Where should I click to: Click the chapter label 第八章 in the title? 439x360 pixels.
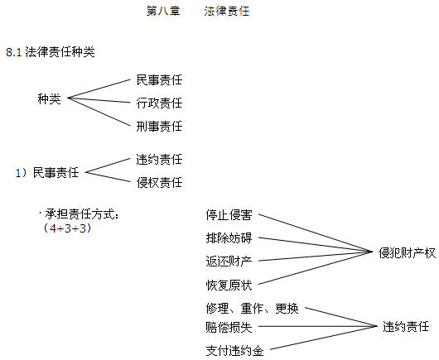tap(163, 12)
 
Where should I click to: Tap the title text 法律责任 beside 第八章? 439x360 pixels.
tap(226, 12)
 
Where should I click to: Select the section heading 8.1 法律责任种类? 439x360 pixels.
tap(51, 52)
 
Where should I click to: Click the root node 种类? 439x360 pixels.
tap(49, 98)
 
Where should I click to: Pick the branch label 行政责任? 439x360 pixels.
tap(159, 103)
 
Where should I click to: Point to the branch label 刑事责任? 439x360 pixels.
tap(159, 126)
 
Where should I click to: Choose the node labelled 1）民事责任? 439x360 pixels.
tap(47, 172)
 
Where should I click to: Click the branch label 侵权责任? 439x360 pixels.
tap(159, 182)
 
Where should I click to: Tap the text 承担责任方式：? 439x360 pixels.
tap(80, 214)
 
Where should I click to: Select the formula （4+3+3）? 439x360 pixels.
tap(67, 228)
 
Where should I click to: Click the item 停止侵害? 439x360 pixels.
tap(229, 215)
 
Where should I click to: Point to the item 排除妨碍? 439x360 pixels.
tap(229, 238)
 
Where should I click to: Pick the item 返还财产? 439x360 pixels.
tap(229, 262)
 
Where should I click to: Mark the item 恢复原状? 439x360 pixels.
tap(229, 285)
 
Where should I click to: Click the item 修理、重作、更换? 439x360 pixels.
tap(253, 308)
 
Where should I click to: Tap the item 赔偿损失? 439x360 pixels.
tap(229, 327)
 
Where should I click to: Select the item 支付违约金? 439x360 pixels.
tap(235, 351)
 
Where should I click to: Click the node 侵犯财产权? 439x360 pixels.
tap(407, 253)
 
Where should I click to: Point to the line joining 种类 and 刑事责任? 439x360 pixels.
tap(99, 112)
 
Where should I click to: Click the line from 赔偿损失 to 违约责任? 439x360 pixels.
tap(318, 326)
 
